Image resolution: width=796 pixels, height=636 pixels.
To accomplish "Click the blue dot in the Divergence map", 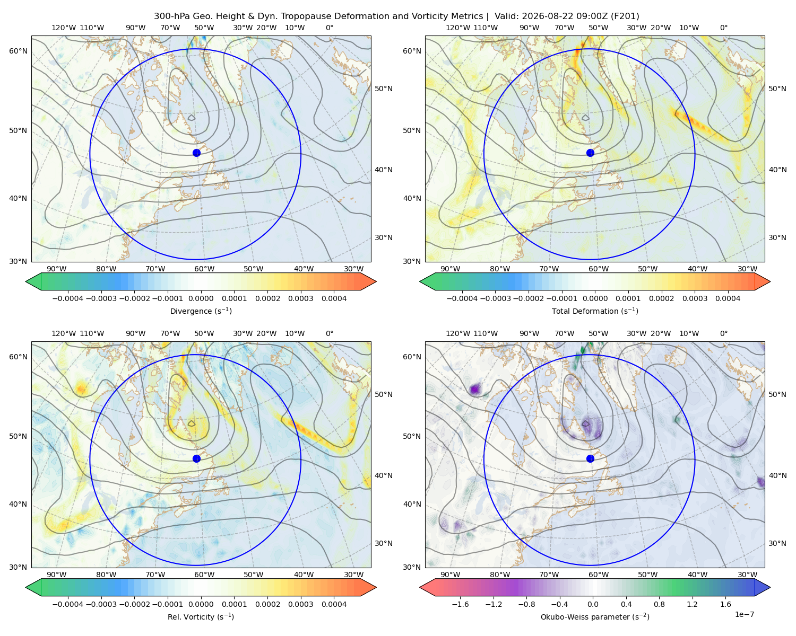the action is point(196,153).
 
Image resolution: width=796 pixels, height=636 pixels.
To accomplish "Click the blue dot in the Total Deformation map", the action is point(590,153).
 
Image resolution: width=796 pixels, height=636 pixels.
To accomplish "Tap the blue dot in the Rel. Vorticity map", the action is point(196,458).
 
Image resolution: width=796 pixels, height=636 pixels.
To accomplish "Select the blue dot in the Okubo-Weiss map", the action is point(590,458).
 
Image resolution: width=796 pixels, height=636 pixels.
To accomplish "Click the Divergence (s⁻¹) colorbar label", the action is point(201,311).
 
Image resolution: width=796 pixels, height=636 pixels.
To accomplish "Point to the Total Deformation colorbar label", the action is point(595,311).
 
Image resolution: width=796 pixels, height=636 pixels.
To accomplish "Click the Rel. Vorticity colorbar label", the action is point(201,616).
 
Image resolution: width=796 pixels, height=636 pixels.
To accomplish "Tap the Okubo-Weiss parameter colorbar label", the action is point(595,616).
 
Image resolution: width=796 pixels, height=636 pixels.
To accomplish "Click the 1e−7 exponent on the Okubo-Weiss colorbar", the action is point(744,614).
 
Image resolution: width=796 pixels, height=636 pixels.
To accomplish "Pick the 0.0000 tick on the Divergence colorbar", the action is point(201,298).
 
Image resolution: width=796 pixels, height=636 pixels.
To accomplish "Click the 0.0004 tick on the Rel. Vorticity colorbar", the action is point(334,604).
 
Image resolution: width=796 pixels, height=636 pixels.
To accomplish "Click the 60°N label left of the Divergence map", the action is point(18,51).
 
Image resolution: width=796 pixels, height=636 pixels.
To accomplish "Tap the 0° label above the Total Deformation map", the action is point(723,28).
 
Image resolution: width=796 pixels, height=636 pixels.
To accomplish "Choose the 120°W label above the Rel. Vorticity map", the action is point(64,333).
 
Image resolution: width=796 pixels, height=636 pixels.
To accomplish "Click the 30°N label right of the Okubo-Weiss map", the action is point(777,543).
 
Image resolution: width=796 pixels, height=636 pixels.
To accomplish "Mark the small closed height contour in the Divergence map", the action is point(191,118).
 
